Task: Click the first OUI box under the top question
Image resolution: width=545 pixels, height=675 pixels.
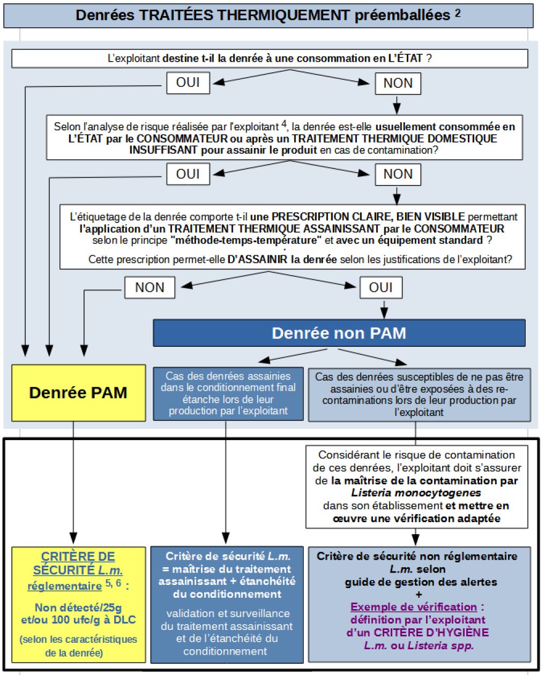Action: click(x=188, y=83)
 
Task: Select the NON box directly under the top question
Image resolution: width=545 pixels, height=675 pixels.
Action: click(x=398, y=84)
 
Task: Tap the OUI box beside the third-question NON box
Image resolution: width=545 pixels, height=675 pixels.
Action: click(x=380, y=287)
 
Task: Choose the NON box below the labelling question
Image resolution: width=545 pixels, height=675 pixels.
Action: click(x=150, y=287)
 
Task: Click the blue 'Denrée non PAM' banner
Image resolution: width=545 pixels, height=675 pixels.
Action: click(x=339, y=333)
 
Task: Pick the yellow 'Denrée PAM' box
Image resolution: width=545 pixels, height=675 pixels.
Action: click(x=78, y=392)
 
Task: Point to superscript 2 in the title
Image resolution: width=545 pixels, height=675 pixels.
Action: click(x=458, y=13)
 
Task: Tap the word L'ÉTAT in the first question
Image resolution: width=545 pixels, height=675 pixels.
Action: click(x=405, y=58)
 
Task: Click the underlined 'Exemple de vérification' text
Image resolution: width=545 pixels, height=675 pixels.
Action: click(x=414, y=607)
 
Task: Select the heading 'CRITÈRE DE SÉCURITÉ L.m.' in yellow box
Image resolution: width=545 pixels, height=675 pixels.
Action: click(x=78, y=563)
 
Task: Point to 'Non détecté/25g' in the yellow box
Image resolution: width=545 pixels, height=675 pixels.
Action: click(x=78, y=607)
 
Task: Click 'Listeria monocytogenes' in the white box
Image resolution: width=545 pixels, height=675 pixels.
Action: click(x=416, y=493)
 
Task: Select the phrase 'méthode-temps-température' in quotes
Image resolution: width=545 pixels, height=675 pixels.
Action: click(x=247, y=240)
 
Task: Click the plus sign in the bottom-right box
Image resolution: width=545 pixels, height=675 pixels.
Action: click(x=419, y=594)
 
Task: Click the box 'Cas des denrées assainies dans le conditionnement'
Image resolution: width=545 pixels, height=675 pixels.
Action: click(x=228, y=394)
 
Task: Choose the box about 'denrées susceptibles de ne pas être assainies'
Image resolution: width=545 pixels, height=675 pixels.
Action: click(x=419, y=394)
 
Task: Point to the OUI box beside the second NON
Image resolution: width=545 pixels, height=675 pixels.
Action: click(x=188, y=174)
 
